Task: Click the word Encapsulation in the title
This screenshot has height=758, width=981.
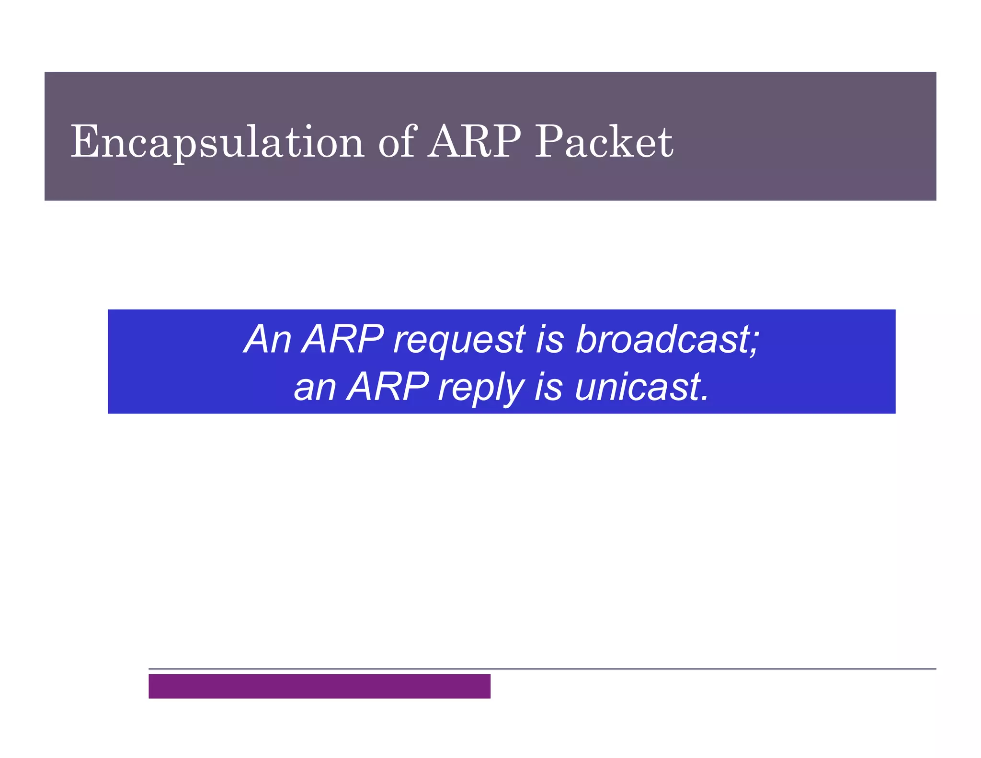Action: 217,143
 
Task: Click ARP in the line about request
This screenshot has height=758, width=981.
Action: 343,339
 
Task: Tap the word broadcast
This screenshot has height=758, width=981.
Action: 662,339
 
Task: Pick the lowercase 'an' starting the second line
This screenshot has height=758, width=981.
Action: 315,388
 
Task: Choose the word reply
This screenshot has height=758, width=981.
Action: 481,389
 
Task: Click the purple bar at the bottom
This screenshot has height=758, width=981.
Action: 319,686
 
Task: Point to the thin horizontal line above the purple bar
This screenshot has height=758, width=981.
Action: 541,668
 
